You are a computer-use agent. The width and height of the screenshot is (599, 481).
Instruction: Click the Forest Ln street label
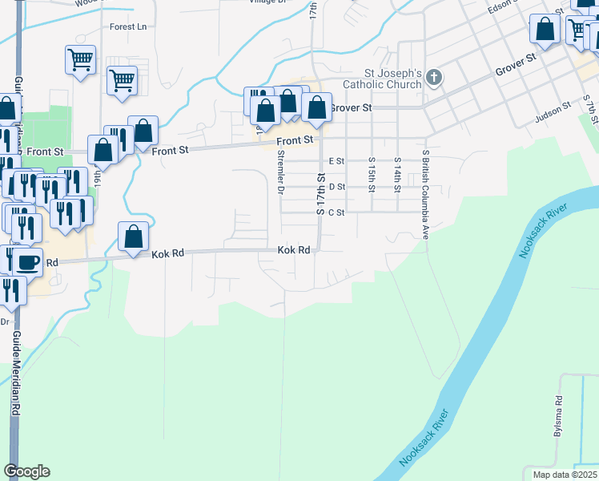[x=129, y=26]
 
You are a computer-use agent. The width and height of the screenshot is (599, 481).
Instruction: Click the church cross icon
[x=433, y=78]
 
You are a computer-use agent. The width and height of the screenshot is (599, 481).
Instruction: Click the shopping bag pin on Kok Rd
[x=133, y=237]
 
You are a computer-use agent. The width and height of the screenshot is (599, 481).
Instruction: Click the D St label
[x=336, y=187]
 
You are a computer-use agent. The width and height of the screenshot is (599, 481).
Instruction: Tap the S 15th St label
[x=372, y=174]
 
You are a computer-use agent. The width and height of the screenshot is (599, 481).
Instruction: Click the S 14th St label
[x=396, y=174]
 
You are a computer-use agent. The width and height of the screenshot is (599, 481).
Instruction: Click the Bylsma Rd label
[x=557, y=416]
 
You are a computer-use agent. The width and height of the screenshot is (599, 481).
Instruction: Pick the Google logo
[x=26, y=471]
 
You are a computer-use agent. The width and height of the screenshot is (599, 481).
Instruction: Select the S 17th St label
[x=320, y=196]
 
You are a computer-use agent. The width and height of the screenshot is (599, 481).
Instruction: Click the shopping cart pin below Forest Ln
[x=81, y=60]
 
